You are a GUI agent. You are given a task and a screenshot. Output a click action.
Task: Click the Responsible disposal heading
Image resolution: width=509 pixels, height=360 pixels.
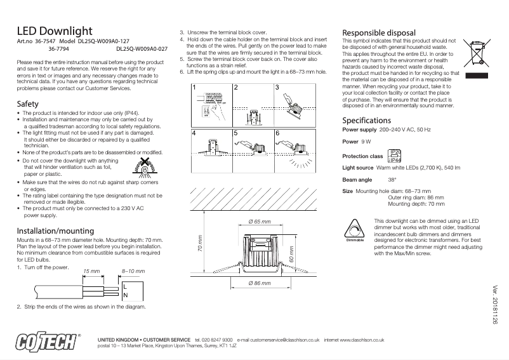pos(379,32)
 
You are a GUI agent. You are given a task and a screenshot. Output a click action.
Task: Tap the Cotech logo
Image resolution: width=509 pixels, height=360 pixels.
pos(48,342)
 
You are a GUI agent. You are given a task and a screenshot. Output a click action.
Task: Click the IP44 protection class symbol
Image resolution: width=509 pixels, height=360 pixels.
pos(395,156)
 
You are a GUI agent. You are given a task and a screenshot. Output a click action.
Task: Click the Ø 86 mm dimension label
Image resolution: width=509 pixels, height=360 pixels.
pos(259,281)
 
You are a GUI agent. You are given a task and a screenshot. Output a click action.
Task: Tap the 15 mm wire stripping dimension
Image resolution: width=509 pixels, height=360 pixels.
pos(92,271)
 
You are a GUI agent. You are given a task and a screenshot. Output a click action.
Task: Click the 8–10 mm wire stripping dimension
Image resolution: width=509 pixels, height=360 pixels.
pos(133,271)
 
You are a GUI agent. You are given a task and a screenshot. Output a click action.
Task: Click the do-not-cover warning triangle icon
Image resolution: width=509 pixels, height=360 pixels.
pos(145,167)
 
